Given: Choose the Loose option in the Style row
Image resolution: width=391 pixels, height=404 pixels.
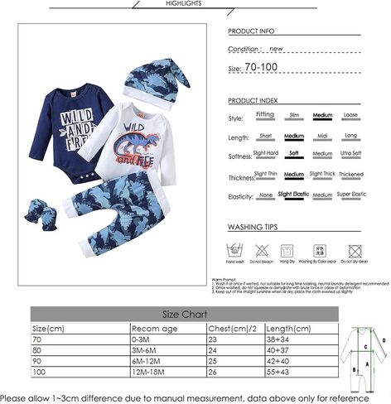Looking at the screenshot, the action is click(x=350, y=116).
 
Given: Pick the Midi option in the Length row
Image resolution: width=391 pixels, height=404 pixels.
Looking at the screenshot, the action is click(x=322, y=135).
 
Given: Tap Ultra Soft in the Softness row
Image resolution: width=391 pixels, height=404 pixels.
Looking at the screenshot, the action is click(x=350, y=153).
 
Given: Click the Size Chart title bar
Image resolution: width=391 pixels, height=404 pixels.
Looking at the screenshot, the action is click(x=183, y=315).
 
